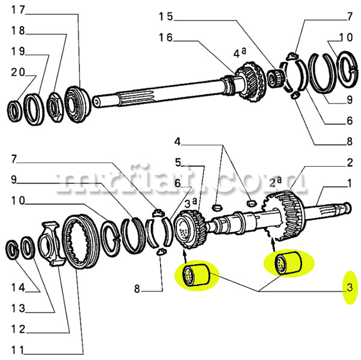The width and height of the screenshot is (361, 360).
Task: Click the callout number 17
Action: tap(18, 10)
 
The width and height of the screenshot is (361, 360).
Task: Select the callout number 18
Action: tap(18, 30)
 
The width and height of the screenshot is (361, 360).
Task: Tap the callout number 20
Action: tap(18, 72)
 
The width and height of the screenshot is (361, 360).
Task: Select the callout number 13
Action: tap(18, 309)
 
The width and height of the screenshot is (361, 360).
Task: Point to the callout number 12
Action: tap(18, 329)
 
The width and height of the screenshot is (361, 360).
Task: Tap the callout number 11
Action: tap(18, 350)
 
